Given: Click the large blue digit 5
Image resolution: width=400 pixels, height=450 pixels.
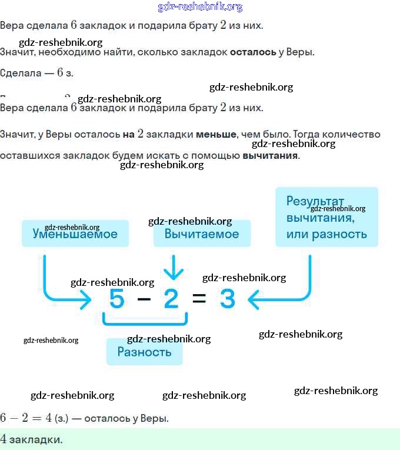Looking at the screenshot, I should [x=117, y=299].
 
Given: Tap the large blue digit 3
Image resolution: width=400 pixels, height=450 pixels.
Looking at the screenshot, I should [x=228, y=299].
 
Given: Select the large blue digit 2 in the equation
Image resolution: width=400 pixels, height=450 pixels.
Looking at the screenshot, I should [x=171, y=299].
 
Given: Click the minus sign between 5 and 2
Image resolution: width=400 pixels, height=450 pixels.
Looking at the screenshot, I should [x=144, y=299].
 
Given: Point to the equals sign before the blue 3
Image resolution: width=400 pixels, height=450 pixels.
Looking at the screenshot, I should [x=199, y=299].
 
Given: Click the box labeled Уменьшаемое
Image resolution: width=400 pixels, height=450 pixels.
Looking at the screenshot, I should [x=75, y=234].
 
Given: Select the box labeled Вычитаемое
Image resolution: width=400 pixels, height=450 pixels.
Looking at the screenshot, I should [x=202, y=234].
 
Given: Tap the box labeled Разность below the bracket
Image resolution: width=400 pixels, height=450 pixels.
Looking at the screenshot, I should [x=144, y=352].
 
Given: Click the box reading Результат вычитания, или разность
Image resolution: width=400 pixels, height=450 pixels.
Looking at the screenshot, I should [x=326, y=217].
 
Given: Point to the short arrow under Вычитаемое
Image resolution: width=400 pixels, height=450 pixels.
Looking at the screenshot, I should [x=173, y=268].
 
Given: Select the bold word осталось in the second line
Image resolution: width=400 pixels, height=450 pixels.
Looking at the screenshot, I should [x=253, y=52].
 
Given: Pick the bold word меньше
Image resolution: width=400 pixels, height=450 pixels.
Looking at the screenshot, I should [x=215, y=134].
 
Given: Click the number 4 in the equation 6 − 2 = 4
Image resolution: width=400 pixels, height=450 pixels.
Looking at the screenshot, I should [x=49, y=418].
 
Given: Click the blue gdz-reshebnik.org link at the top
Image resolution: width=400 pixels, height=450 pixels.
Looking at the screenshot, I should [x=200, y=7].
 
